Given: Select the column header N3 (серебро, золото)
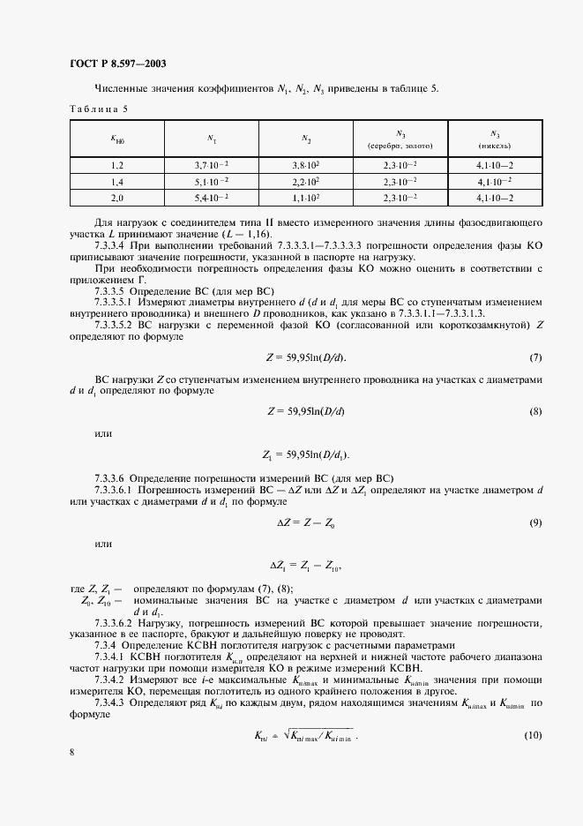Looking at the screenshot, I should [400, 139].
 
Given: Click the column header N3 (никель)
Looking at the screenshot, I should [494, 139].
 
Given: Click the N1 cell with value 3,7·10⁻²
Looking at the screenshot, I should [212, 165].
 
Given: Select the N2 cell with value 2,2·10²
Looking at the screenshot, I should [304, 181].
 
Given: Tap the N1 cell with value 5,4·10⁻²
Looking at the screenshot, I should [212, 197].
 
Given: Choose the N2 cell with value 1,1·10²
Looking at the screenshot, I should [304, 197].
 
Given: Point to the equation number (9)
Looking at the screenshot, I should [534, 523].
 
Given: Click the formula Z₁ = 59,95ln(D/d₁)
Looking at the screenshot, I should [305, 455].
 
